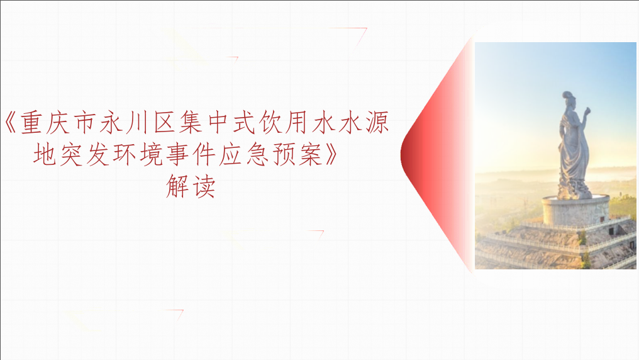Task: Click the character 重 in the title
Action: coord(31,122)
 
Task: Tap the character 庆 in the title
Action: coord(58,122)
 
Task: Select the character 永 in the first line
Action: coord(111,122)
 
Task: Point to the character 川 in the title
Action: coord(137,122)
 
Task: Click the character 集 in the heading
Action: coord(191,122)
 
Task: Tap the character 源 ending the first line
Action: coord(377,122)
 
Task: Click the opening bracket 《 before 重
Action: coord(11,122)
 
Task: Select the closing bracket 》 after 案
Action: coord(331,154)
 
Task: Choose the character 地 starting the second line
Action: coord(45,154)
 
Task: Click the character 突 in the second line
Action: coord(71,154)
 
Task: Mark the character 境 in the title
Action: coord(151,154)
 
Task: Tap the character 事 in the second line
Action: coord(178,154)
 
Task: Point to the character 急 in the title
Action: coord(258,154)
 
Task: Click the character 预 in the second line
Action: coord(284,154)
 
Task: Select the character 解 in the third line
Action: coord(177,186)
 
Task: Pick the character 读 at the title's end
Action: coord(204,186)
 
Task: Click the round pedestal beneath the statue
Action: coord(575,210)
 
